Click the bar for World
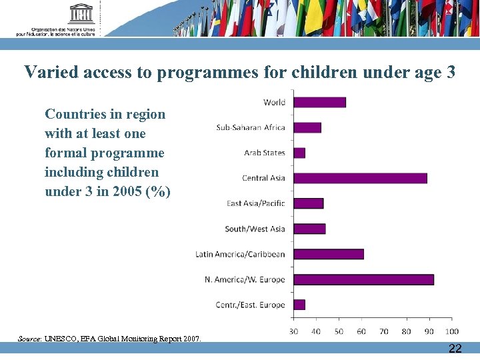click(x=319, y=102)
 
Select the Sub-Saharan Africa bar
click(x=307, y=127)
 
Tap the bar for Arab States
click(x=299, y=153)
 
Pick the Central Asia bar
click(x=360, y=178)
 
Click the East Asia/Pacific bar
click(x=308, y=203)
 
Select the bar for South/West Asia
click(x=309, y=229)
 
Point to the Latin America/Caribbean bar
click(x=329, y=254)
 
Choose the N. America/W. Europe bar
click(x=363, y=279)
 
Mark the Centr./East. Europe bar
click(x=299, y=305)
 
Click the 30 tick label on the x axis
click(x=293, y=331)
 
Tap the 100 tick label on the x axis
click(x=451, y=331)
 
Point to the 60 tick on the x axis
click(x=361, y=331)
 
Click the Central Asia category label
click(x=263, y=178)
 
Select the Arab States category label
click(x=264, y=153)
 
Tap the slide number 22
click(x=455, y=349)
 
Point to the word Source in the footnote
click(x=29, y=339)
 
